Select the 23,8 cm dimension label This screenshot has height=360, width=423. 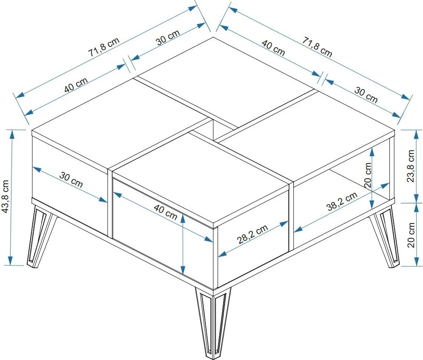pos(410,166)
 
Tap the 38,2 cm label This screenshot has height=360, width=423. pos(342,202)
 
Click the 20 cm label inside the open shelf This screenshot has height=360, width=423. pos(368,174)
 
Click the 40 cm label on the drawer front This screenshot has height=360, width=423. pos(165,211)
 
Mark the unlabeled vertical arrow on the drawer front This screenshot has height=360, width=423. pos(183,244)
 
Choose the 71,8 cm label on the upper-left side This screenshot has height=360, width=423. pos(104,46)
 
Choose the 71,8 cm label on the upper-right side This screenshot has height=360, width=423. pos(317,46)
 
